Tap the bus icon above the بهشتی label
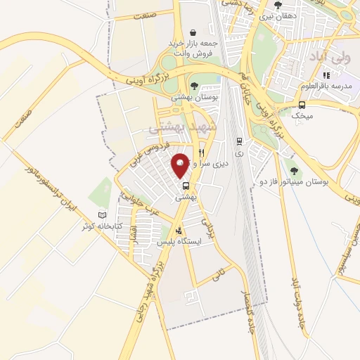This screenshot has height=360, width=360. tap(186, 186)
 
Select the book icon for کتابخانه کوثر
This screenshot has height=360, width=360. tap(104, 214)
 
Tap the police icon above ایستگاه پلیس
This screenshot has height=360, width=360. tap(179, 230)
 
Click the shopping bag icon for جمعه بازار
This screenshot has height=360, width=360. tap(193, 32)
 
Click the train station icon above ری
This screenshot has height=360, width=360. tap(238, 140)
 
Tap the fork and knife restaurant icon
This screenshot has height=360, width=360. tap(201, 151)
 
